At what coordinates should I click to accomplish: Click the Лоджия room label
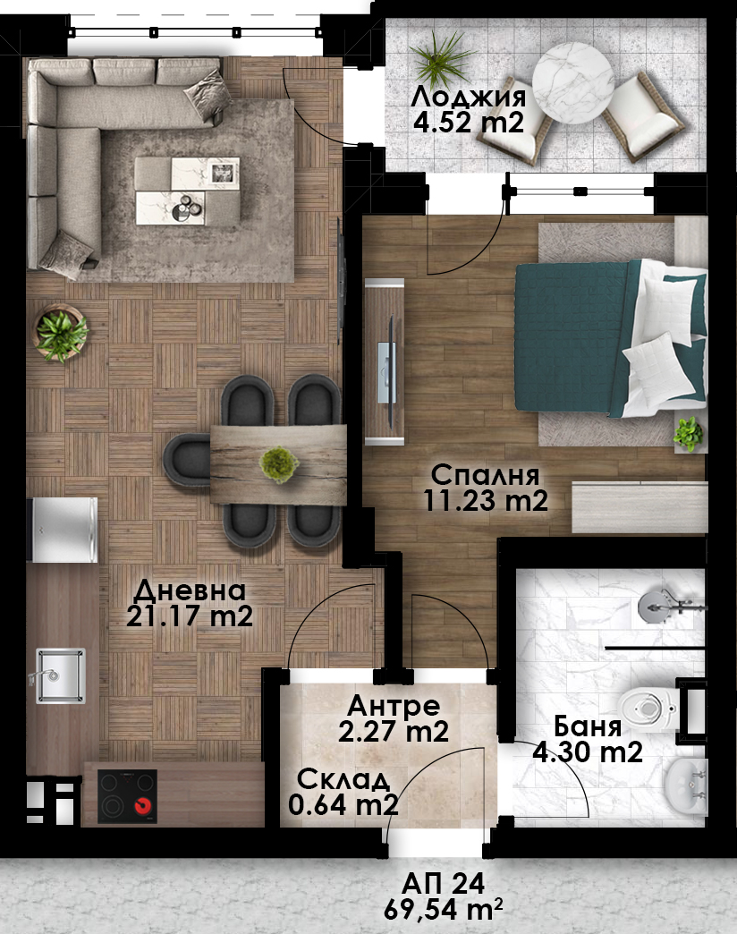tap(468, 98)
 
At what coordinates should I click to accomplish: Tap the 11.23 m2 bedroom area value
tap(485, 500)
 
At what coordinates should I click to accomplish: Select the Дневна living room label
tap(190, 590)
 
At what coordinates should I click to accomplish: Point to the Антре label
tap(394, 706)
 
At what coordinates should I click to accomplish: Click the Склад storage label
tap(343, 779)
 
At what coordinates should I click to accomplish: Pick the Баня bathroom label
tap(588, 726)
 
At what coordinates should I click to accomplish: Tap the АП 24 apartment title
tap(444, 884)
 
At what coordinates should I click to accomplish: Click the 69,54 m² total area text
tap(444, 910)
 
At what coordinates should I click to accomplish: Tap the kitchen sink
tap(60, 675)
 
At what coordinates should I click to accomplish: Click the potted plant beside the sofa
tap(60, 333)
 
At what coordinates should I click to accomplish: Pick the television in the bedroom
tap(386, 361)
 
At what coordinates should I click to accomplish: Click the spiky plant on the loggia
tap(442, 58)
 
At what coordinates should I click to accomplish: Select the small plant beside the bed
tap(688, 434)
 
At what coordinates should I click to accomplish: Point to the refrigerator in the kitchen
tap(64, 531)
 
